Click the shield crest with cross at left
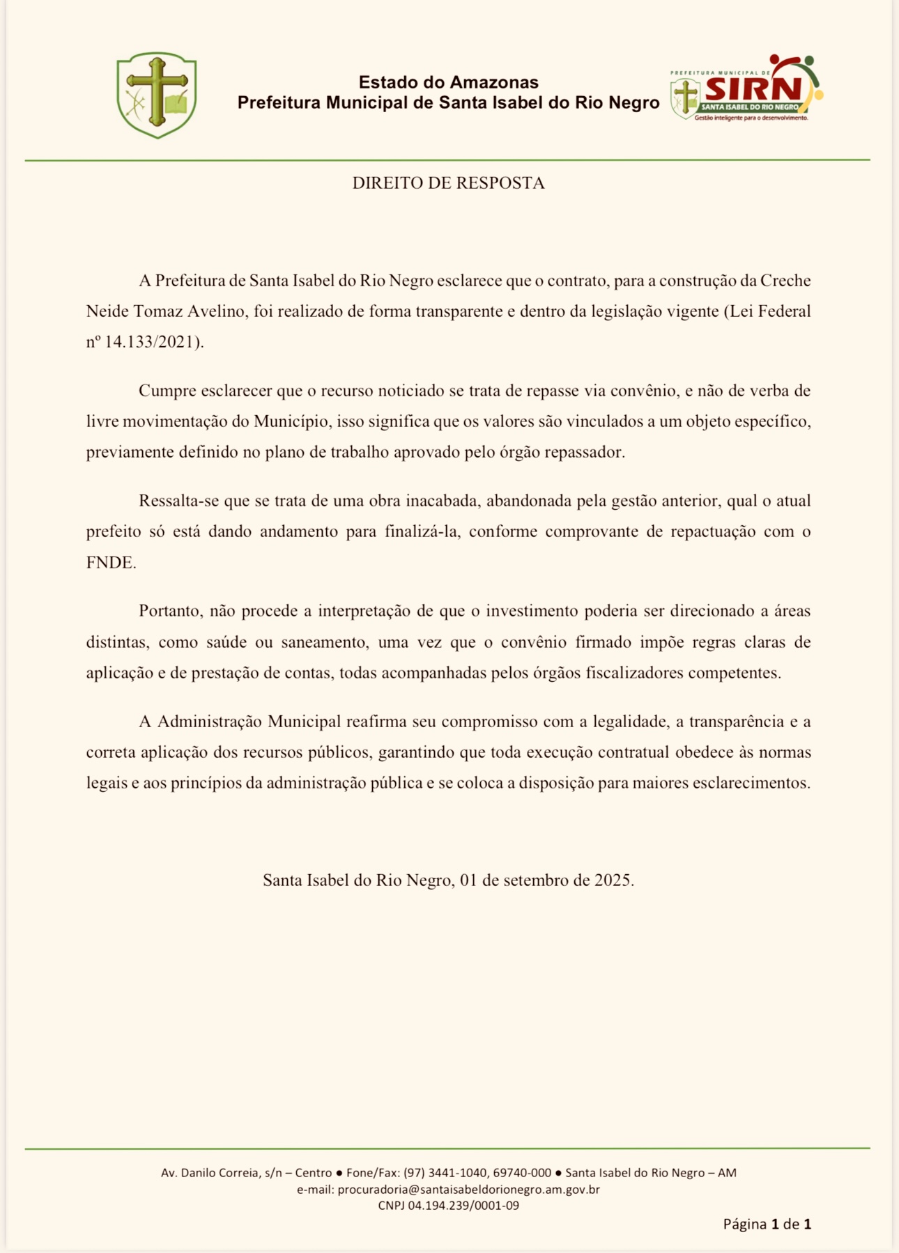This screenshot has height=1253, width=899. [156, 95]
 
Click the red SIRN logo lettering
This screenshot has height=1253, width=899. [753, 88]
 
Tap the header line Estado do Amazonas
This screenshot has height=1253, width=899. [448, 82]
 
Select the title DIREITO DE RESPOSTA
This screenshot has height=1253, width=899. [448, 183]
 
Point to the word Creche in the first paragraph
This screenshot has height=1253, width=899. [785, 281]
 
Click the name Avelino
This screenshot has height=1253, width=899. [216, 311]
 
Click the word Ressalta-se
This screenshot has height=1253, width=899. [180, 501]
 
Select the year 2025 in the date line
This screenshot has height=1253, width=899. [613, 880]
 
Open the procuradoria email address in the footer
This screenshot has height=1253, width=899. [468, 1190]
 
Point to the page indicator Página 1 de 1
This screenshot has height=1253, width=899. [767, 1224]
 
